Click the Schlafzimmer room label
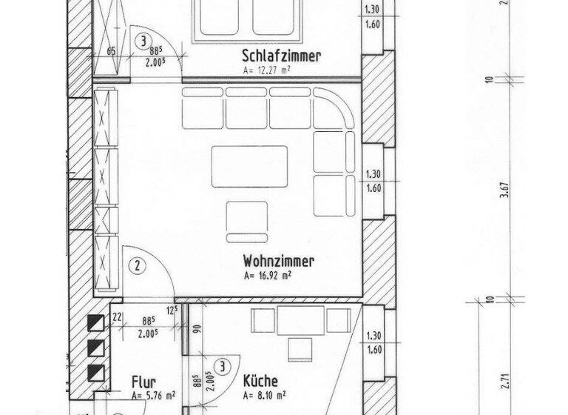pyautogui.click(x=281, y=56)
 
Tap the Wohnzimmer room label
pyautogui.click(x=279, y=261)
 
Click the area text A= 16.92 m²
pyautogui.click(x=267, y=275)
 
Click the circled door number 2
pyautogui.click(x=136, y=263)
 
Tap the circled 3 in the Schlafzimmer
pyautogui.click(x=143, y=41)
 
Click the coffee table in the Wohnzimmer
pyautogui.click(x=249, y=165)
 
